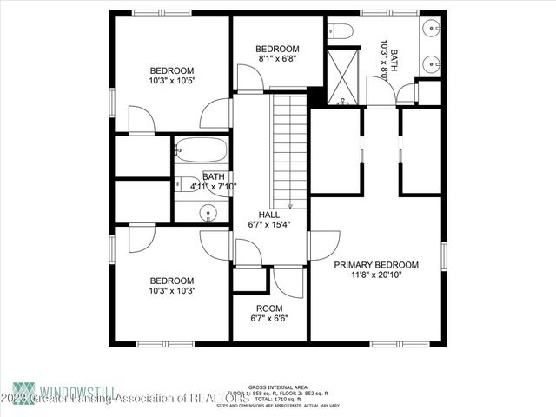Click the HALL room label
[x=268, y=214]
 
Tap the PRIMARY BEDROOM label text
[x=377, y=265]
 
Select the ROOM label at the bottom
[x=268, y=308]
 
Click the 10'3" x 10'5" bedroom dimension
[x=172, y=81]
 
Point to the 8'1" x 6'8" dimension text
[x=278, y=59]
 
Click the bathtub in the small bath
[x=201, y=149]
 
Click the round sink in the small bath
[x=208, y=211]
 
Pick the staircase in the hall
[x=290, y=148]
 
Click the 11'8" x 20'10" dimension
[x=377, y=275]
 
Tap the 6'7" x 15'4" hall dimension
[x=268, y=224]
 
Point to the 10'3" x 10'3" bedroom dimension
[x=172, y=291]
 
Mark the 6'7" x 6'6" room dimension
[x=268, y=318]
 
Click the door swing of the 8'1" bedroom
[x=249, y=78]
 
